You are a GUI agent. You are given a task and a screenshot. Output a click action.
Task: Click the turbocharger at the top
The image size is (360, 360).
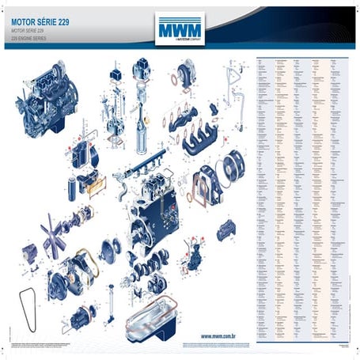tap(187, 76)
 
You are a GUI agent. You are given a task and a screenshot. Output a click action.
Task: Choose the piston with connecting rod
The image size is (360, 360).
tap(142, 127)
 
